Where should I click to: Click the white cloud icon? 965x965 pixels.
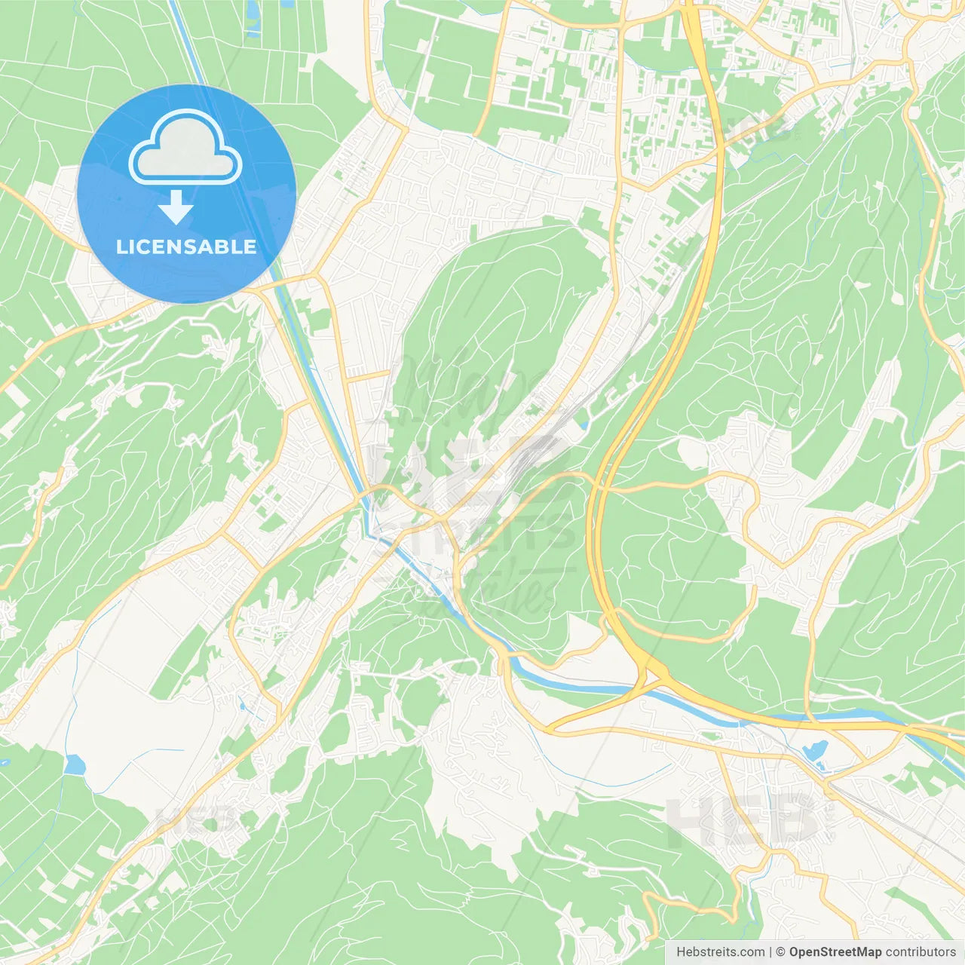[185, 148]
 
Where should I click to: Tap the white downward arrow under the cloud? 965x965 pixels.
[176, 207]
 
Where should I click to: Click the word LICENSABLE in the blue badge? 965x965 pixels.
[186, 247]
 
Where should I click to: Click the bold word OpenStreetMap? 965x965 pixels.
[835, 952]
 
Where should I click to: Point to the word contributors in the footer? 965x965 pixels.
[921, 952]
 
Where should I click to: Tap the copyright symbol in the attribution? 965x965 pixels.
[780, 952]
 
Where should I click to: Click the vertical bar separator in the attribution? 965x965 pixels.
[770, 952]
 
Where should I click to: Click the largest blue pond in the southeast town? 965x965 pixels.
[816, 750]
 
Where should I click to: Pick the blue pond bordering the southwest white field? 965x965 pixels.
[75, 765]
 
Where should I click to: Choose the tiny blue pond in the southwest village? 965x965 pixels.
[241, 706]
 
